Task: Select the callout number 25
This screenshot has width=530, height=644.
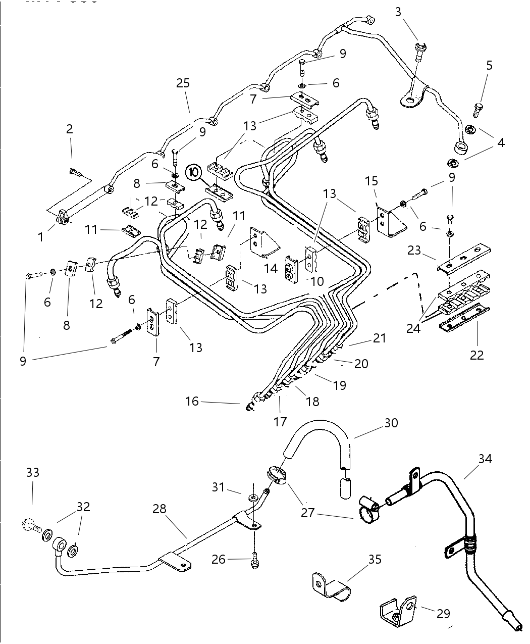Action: pos(183,83)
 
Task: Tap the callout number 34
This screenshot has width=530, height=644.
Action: pos(485,459)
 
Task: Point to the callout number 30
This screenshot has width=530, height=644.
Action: pos(391,423)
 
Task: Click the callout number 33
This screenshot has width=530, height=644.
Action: pos(33,473)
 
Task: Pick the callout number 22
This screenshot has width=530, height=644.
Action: pos(476,355)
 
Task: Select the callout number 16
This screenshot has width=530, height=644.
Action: pos(192,402)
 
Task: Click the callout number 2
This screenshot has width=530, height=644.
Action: pos(70,129)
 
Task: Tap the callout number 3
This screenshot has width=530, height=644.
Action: pos(398,12)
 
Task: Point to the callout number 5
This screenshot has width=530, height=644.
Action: pos(489,65)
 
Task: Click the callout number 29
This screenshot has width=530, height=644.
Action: pos(443,614)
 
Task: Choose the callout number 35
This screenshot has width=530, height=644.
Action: pos(375,560)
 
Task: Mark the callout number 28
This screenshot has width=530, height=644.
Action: pos(160,509)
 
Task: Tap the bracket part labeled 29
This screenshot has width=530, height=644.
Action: pos(398,612)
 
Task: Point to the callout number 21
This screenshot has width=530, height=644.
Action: pos(380,338)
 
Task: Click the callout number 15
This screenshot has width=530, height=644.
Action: pos(371,180)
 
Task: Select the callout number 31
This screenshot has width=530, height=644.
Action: pos(218,487)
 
